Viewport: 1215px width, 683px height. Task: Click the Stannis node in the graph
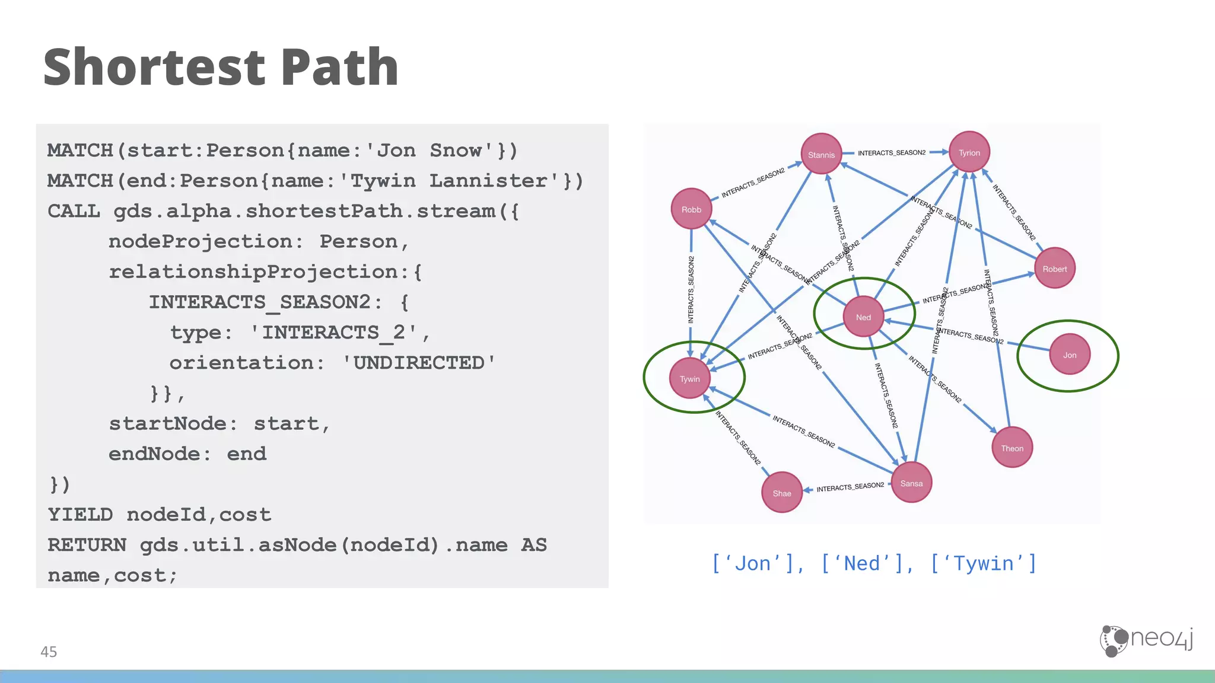(821, 154)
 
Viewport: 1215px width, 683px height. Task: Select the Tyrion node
(969, 152)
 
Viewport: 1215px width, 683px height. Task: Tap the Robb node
(691, 209)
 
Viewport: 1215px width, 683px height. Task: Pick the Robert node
(1055, 269)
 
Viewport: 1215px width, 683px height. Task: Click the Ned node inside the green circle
(863, 317)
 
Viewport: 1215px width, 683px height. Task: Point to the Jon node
(1069, 355)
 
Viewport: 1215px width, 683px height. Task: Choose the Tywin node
(689, 378)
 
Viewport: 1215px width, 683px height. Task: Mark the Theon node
(1012, 448)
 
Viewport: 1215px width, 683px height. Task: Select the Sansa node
(911, 483)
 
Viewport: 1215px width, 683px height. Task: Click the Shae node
(782, 493)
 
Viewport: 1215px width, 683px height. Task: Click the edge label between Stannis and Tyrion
(891, 153)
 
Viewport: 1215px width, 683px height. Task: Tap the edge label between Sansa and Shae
(850, 487)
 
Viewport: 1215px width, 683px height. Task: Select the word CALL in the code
(74, 211)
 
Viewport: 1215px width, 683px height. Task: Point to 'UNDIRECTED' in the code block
(419, 363)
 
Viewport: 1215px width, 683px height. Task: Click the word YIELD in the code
(80, 515)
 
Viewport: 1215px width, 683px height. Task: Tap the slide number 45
(49, 652)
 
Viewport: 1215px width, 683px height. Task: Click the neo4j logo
(1146, 640)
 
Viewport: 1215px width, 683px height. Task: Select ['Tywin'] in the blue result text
(983, 563)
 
